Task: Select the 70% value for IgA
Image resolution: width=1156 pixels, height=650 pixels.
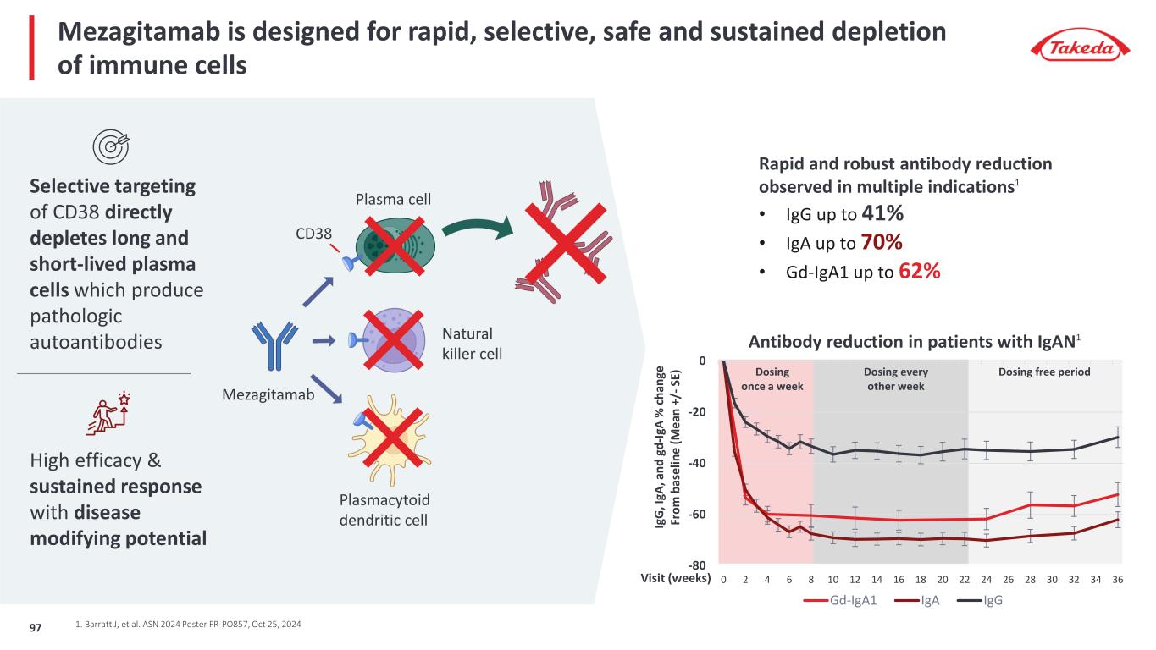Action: (881, 243)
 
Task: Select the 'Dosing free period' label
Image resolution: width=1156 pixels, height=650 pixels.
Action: (1044, 372)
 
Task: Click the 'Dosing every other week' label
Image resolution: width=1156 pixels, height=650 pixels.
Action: (895, 379)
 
